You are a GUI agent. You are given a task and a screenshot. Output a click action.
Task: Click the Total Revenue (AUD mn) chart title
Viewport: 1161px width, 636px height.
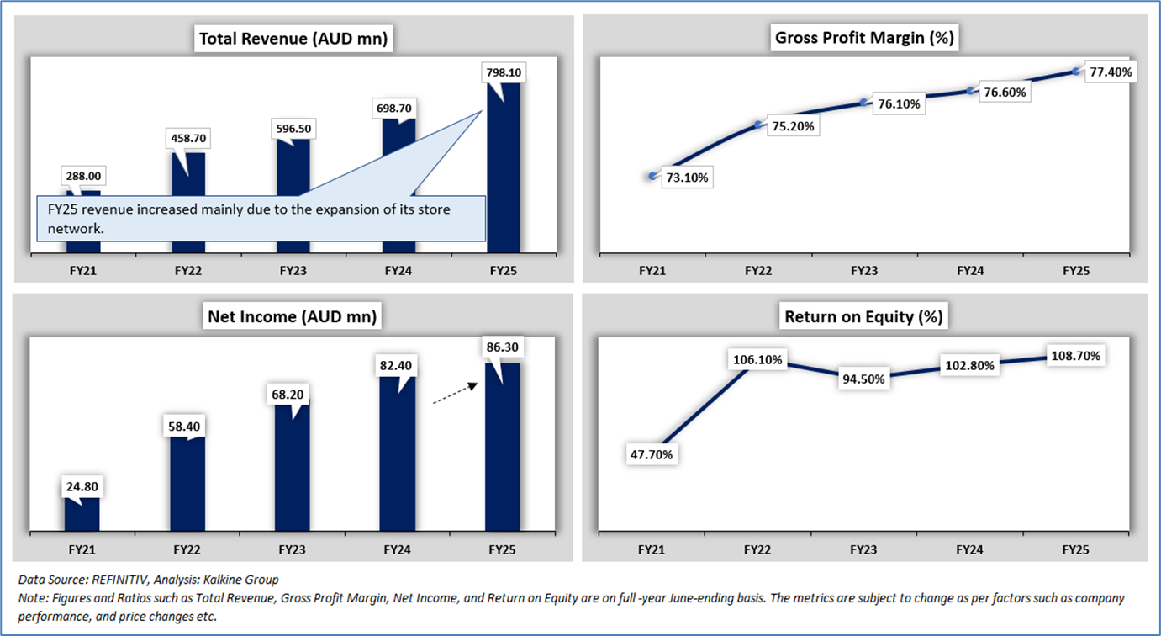[x=293, y=38]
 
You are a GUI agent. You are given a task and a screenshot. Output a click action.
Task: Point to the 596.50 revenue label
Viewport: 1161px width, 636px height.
[x=293, y=129]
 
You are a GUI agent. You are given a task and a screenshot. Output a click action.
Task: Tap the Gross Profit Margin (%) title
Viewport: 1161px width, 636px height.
[x=865, y=38]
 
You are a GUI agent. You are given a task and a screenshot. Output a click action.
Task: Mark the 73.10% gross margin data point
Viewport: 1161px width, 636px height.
[x=653, y=176]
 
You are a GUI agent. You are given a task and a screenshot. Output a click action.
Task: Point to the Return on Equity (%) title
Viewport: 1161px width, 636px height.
[x=863, y=317]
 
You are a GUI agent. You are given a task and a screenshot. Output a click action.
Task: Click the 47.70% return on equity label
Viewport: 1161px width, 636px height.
[x=652, y=454]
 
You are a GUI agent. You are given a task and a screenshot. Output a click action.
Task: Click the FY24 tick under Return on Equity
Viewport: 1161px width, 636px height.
[x=969, y=549]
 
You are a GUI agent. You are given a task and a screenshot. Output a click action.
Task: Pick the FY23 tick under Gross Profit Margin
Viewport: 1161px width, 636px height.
[x=864, y=271]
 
